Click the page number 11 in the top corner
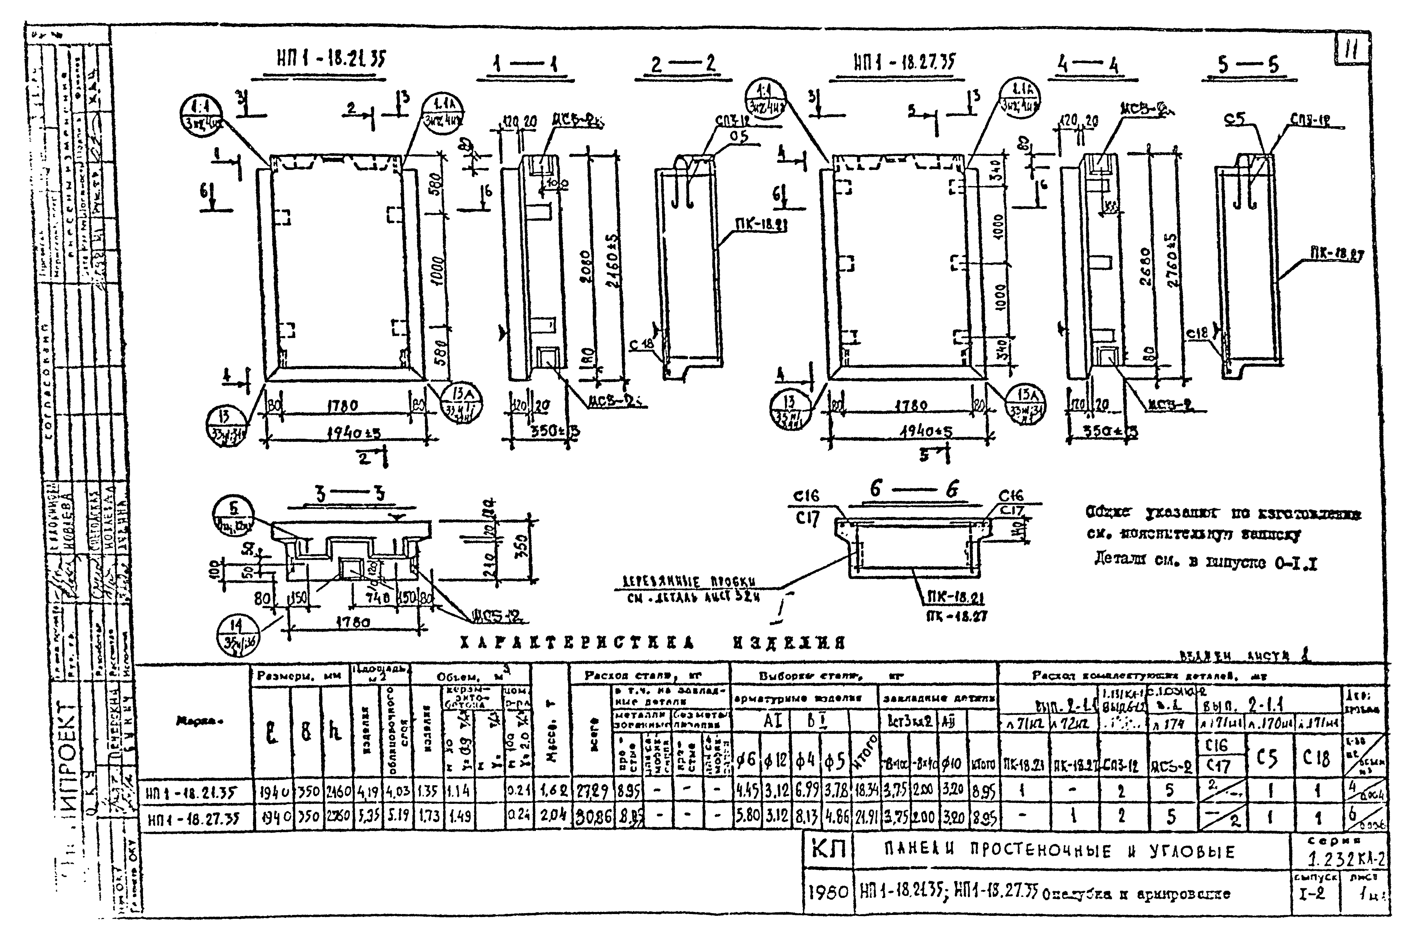click(1351, 49)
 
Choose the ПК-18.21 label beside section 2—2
click(761, 224)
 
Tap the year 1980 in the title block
click(828, 892)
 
